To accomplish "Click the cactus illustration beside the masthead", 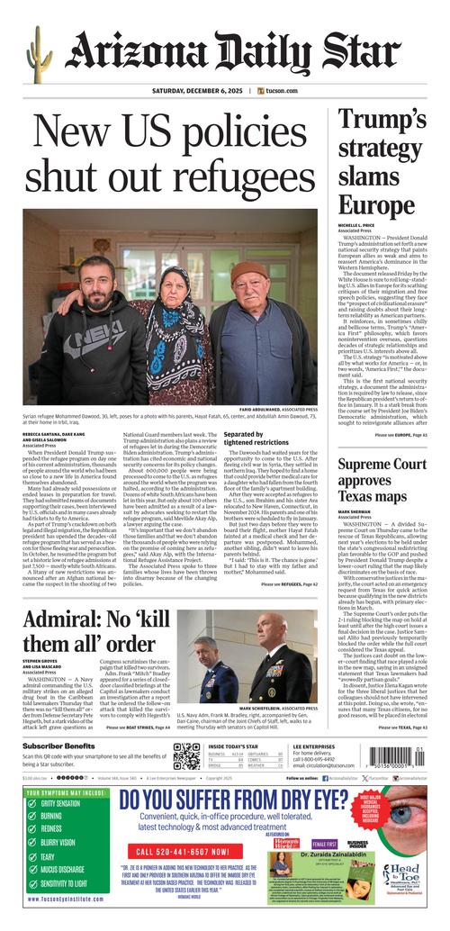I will point(36,54).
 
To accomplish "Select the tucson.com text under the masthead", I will point(278,91).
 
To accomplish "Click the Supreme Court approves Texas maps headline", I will point(382,479).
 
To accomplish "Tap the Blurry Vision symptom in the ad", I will point(54,844).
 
